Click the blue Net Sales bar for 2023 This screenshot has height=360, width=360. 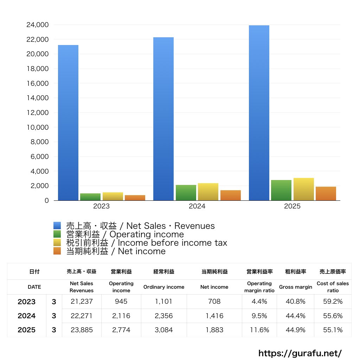pos(68,123)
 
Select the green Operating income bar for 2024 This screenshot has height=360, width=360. pos(186,193)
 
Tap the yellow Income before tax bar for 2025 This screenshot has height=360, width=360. pos(304,189)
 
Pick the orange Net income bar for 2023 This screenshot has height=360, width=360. pos(135,198)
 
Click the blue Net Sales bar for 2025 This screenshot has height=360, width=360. pos(259,113)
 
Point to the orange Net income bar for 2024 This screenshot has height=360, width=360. pos(231,195)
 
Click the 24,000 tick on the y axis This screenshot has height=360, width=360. pos(37,25)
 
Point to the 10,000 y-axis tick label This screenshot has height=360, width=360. pos(37,127)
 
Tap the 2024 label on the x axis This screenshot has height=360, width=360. pos(197,206)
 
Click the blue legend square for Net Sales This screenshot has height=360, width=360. pos(57,226)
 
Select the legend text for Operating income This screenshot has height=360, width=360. pos(125,234)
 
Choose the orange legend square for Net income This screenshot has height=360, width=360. pos(57,251)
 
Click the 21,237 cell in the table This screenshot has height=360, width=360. pos(82,302)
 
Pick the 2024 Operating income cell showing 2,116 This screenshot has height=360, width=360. pos(121,316)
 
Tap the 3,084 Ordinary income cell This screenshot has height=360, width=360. pos(163,330)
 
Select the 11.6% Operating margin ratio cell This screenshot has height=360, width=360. pos(259,330)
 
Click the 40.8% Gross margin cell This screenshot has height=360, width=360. pos(295,302)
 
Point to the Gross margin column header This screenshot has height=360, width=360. pos(295,287)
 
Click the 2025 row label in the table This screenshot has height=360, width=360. pos(27,330)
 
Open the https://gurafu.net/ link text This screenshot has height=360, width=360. pos(300,353)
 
